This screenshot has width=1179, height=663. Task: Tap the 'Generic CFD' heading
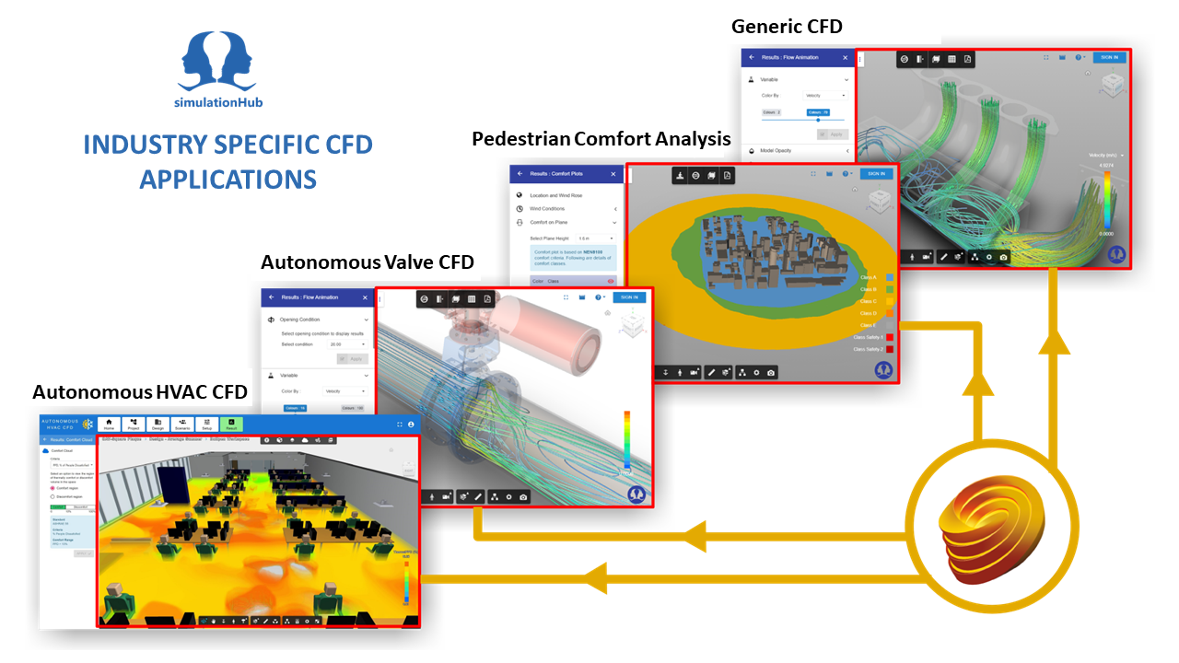pos(787,27)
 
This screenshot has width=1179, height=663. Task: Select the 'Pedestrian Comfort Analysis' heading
pos(601,139)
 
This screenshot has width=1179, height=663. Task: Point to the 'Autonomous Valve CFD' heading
pos(367,262)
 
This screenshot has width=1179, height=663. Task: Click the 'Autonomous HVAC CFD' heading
pos(140,392)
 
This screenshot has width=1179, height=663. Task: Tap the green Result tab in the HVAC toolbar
pos(231,424)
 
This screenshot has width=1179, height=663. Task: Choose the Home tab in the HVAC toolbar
pos(110,424)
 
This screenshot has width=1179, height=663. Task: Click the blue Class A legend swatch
pos(890,277)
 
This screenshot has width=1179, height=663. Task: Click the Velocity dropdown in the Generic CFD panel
pos(825,96)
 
